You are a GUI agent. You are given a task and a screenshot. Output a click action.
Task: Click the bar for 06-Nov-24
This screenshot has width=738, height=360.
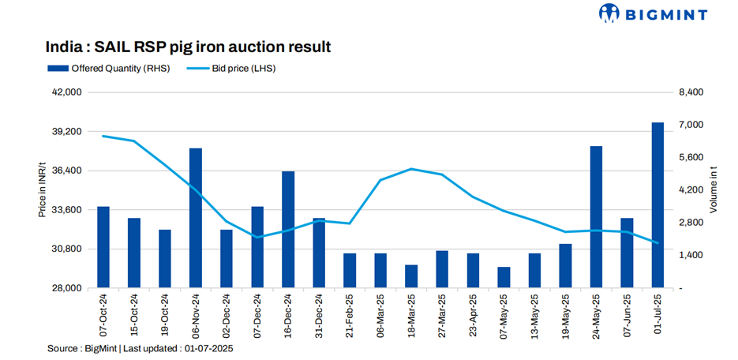196,218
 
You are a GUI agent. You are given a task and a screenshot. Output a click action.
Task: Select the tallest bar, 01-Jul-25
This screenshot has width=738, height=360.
657,205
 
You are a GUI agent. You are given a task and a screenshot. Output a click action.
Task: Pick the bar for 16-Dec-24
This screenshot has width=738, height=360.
288,229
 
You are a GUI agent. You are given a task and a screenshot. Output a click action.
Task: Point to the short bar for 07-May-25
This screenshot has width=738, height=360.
504,277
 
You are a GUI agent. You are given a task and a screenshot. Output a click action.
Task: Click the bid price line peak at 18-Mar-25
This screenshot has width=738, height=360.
411,169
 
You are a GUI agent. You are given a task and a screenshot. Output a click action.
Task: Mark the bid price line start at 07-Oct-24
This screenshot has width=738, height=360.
103,137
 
